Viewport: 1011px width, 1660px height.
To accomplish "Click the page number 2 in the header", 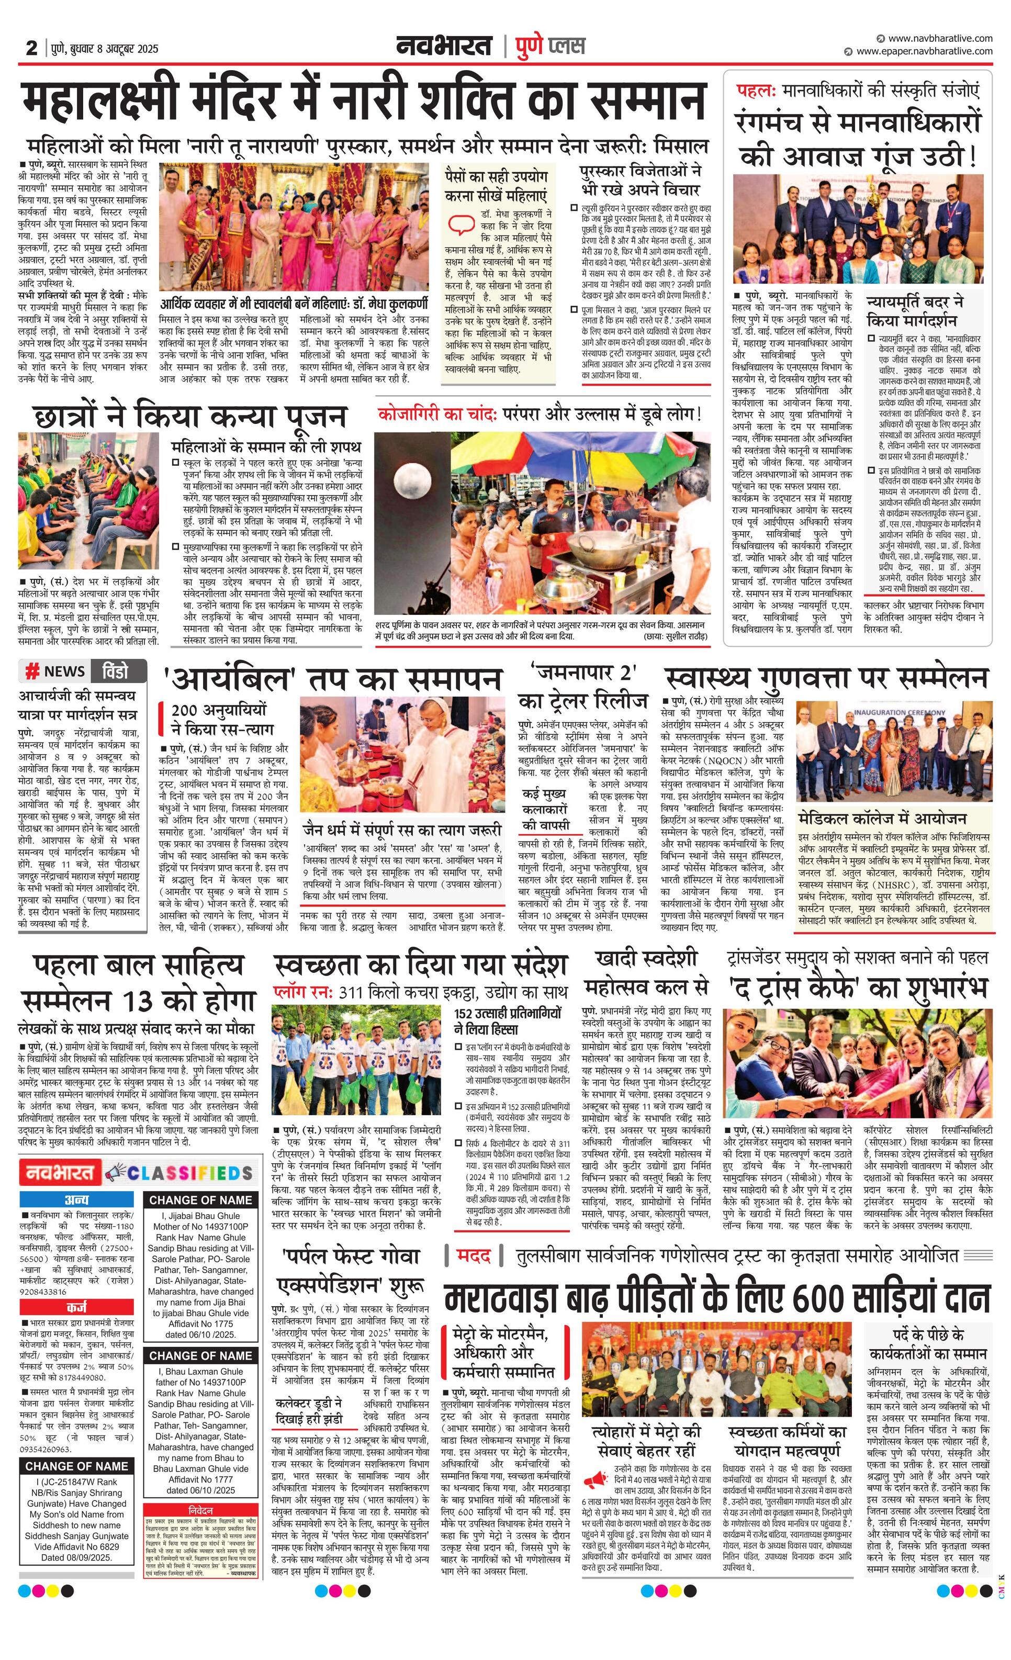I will pyautogui.click(x=31, y=48).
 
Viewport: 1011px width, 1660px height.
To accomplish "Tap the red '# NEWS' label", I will pyautogui.click(x=55, y=670).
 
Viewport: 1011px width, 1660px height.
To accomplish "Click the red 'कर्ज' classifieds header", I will pyautogui.click(x=77, y=1307).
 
